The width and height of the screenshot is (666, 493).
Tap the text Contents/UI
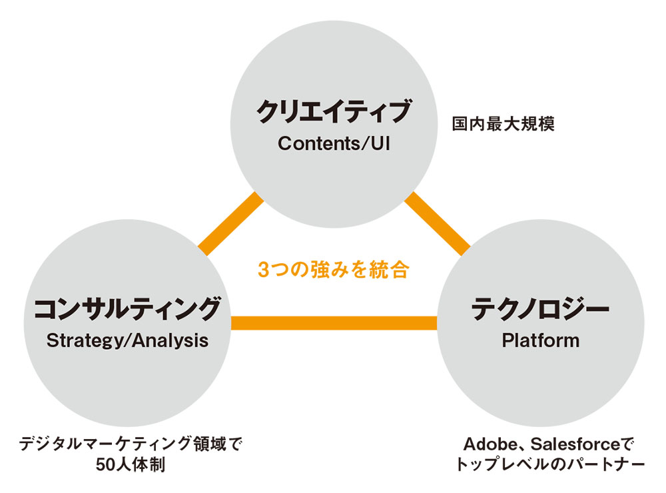tap(334, 144)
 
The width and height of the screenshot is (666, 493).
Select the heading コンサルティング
tap(127, 308)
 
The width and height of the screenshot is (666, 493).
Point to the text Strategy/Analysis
tap(127, 341)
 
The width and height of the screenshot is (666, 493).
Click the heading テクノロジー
tap(540, 308)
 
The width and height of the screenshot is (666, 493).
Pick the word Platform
tap(541, 340)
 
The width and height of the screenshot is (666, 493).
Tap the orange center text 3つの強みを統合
tap(334, 269)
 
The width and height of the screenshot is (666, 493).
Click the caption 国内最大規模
tap(503, 124)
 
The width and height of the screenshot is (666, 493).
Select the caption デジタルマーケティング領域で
tap(131, 444)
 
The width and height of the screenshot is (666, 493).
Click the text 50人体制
tap(131, 464)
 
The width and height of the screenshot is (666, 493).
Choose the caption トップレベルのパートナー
tap(550, 464)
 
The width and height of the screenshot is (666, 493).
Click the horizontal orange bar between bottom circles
tap(334, 323)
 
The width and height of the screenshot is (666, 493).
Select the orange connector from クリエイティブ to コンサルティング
tap(230, 224)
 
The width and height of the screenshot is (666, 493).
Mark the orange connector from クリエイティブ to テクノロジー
tap(438, 224)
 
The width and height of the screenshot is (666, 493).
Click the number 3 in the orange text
tap(263, 270)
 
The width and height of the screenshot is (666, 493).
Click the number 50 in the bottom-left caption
tap(106, 464)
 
